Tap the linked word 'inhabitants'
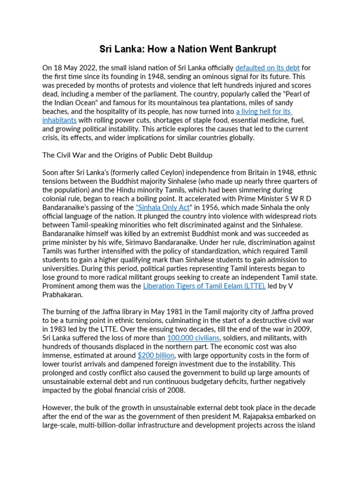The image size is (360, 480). pyautogui.click(x=59, y=120)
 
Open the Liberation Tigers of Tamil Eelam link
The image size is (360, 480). pyautogui.click(x=204, y=285)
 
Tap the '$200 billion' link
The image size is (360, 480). pyautogui.click(x=156, y=355)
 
